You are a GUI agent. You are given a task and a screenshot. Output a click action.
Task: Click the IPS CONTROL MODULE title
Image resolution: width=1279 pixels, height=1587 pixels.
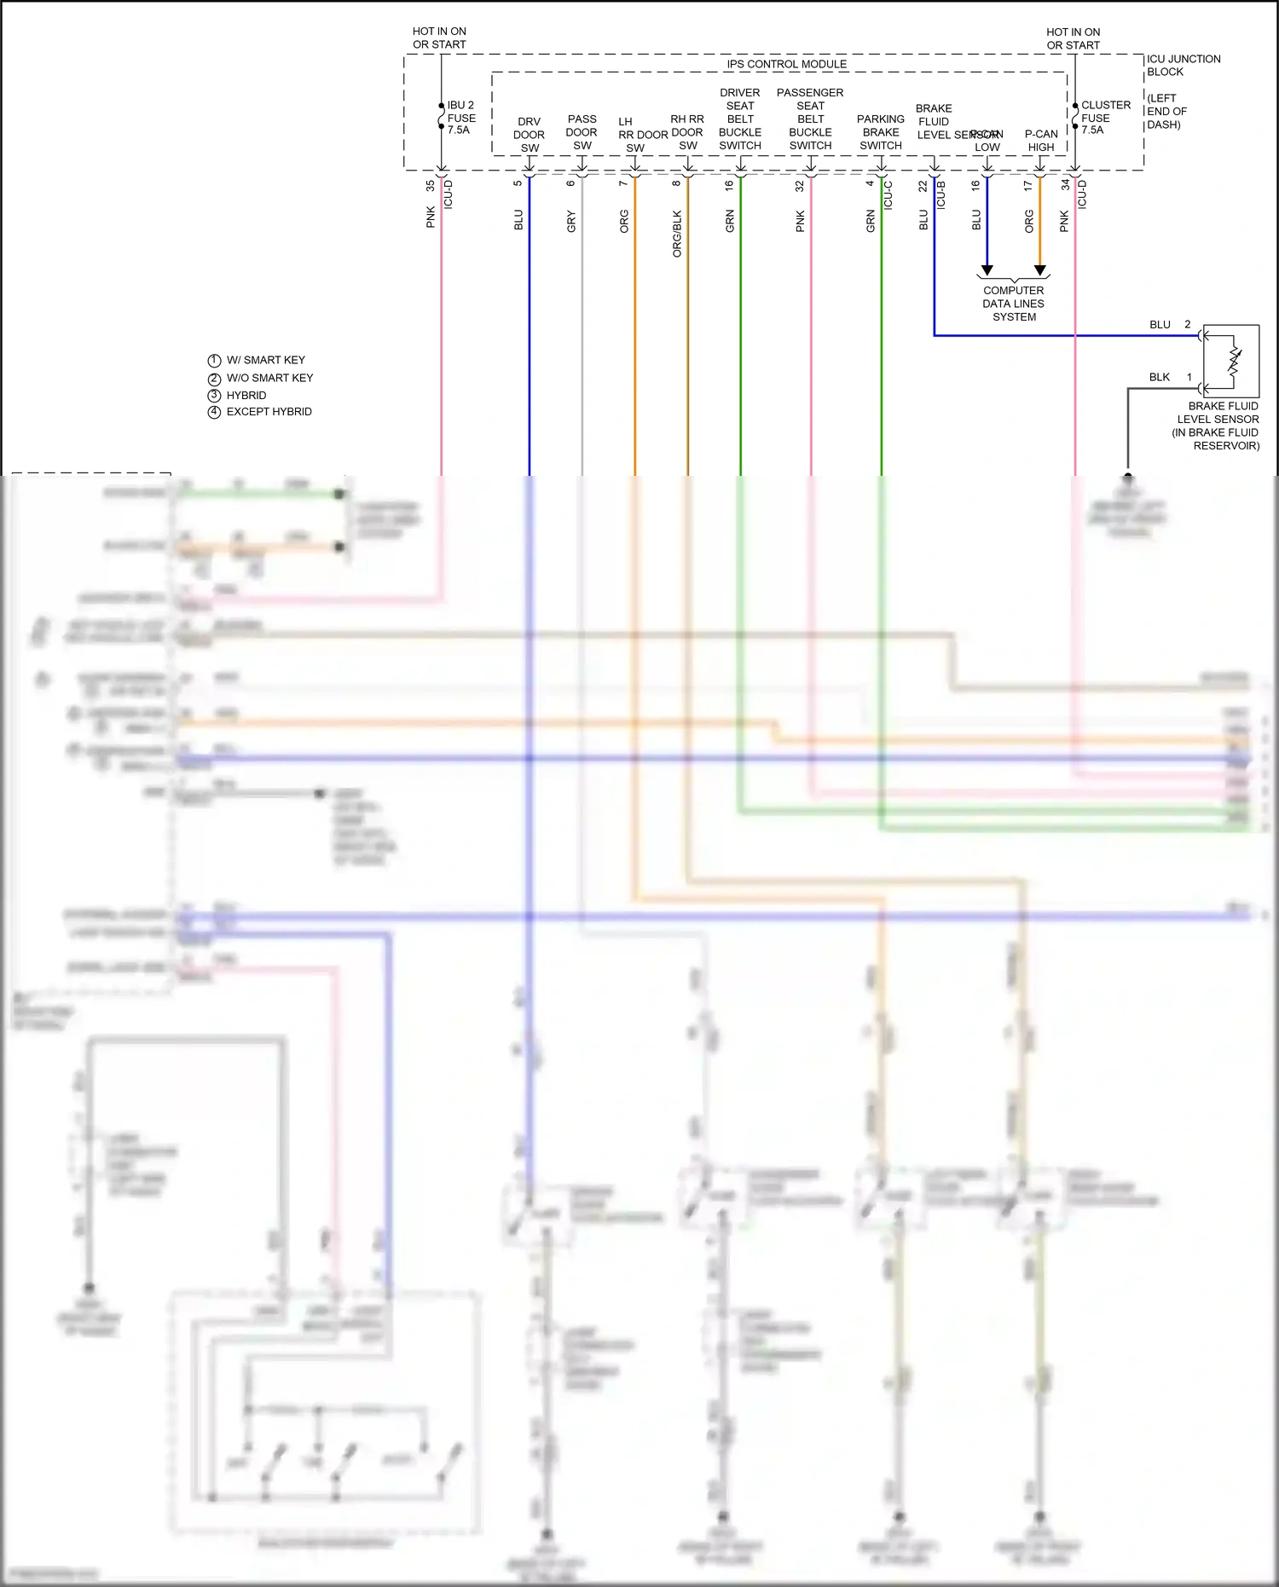tap(786, 64)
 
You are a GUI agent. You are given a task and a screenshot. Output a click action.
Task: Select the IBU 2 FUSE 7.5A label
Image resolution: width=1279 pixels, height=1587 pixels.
tap(460, 118)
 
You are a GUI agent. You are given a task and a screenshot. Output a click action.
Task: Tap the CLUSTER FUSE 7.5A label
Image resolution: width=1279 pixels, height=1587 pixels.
tap(1105, 118)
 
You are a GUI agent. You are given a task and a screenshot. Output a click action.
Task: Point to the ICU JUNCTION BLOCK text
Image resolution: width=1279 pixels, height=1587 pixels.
tap(1183, 66)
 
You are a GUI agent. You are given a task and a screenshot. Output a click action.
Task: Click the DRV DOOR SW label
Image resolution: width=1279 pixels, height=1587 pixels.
tap(529, 135)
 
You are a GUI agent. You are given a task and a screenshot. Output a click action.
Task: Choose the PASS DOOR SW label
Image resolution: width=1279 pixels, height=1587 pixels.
tap(582, 132)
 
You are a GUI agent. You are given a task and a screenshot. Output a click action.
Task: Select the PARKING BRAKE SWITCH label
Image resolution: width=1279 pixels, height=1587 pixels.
tap(880, 132)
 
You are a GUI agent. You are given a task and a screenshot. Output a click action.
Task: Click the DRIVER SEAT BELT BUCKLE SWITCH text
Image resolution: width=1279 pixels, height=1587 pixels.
tap(739, 119)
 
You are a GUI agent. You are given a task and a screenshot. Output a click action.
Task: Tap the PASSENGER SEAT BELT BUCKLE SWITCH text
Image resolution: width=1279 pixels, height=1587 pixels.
tap(810, 119)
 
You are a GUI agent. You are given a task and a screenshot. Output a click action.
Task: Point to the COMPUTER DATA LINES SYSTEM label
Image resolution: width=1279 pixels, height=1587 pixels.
tap(1013, 304)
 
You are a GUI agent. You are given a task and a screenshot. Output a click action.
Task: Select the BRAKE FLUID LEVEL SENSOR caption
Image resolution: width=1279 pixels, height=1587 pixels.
tap(1218, 426)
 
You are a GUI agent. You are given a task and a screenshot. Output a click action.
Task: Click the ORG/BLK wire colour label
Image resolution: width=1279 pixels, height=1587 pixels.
tap(677, 234)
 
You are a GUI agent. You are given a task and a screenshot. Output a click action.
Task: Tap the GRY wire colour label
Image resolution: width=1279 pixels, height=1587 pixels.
tap(571, 222)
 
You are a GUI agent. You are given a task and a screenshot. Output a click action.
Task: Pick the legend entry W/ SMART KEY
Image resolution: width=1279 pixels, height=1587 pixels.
tap(265, 360)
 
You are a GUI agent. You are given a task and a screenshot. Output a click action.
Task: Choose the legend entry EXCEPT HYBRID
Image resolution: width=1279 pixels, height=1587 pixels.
tap(269, 412)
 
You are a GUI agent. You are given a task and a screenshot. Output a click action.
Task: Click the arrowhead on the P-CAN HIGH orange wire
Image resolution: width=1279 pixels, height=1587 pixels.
tap(1039, 270)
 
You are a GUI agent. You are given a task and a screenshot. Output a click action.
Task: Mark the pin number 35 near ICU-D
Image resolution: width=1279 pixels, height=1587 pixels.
tap(431, 184)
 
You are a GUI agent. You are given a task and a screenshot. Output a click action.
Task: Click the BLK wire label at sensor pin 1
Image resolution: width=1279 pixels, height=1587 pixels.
tap(1159, 377)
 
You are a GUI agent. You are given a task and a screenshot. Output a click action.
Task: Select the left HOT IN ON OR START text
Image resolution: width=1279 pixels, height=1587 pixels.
tap(439, 38)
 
